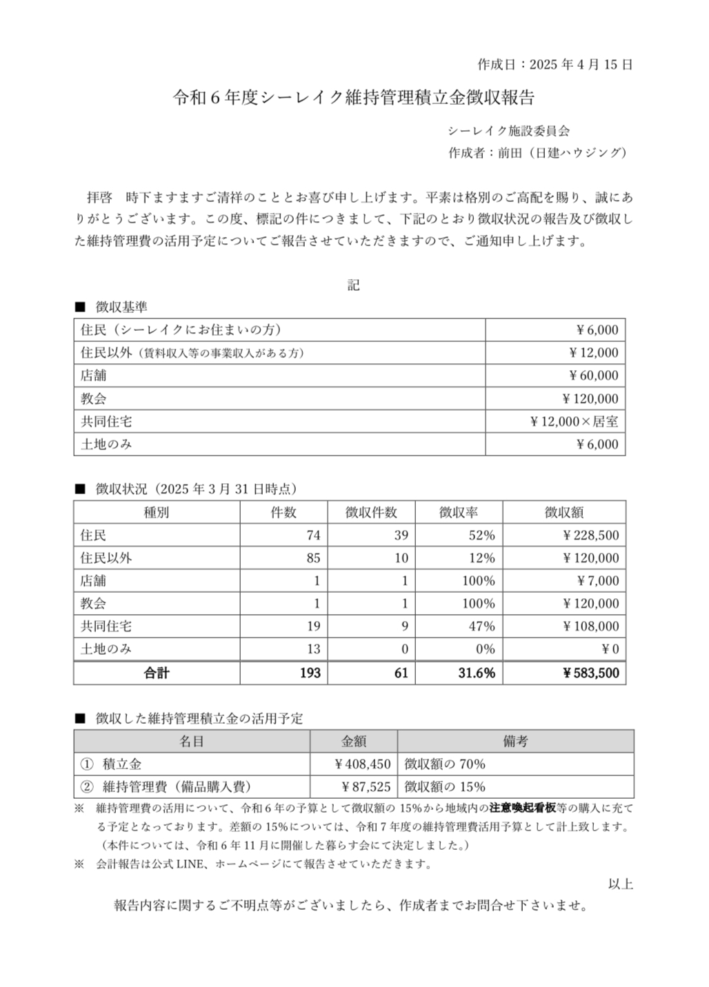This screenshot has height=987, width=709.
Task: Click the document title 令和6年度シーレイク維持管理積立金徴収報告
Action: tap(354, 98)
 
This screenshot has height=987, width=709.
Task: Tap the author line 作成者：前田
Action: tap(537, 153)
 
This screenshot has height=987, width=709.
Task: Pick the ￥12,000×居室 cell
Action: tap(574, 421)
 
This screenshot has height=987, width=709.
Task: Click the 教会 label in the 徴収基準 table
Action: tap(94, 398)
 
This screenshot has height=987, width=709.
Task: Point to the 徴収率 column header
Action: tap(459, 512)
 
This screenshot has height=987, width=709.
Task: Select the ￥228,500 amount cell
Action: tap(590, 535)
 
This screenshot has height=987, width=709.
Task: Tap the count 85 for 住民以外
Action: tap(314, 558)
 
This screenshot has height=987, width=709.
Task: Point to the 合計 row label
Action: tap(157, 673)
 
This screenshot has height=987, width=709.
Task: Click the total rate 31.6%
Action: tap(477, 673)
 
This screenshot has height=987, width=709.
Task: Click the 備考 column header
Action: tap(515, 741)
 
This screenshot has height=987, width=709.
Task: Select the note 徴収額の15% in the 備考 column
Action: tap(445, 786)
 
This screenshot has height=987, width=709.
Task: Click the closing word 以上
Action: tap(620, 884)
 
